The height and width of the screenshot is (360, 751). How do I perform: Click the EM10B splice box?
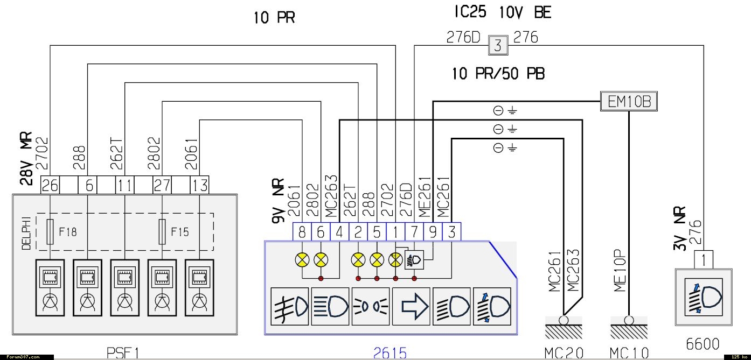(629, 102)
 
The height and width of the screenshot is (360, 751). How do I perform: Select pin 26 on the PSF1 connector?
(50, 186)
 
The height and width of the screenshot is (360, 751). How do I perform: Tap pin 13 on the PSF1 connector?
(199, 186)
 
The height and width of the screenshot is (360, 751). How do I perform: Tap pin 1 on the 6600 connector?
(704, 260)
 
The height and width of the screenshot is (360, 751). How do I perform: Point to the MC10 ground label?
(629, 353)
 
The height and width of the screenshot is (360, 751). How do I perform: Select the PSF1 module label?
(123, 353)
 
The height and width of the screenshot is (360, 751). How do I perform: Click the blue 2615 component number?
(390, 353)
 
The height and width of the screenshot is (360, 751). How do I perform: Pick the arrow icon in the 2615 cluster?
(411, 306)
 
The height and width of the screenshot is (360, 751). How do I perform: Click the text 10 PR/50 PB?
(498, 74)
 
